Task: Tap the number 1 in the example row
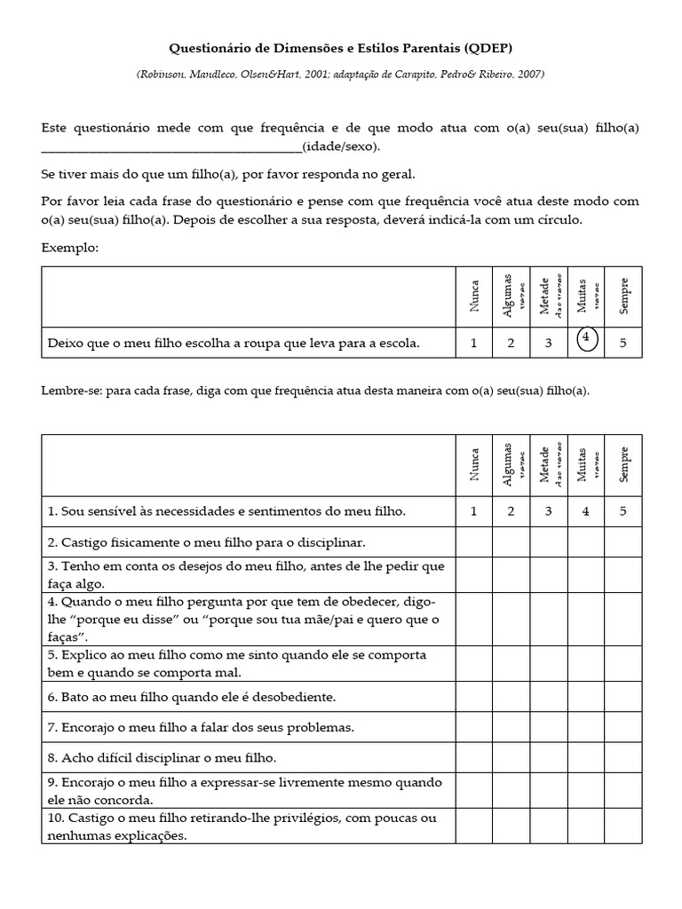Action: pyautogui.click(x=474, y=343)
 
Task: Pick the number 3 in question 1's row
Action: pyautogui.click(x=549, y=510)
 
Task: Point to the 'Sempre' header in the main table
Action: pyautogui.click(x=623, y=464)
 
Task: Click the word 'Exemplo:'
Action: pyautogui.click(x=70, y=248)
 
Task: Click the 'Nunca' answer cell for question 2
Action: pyautogui.click(x=474, y=541)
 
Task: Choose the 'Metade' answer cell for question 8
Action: pyautogui.click(x=549, y=757)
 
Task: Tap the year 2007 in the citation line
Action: pyautogui.click(x=529, y=74)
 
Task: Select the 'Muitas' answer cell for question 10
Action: pyautogui.click(x=586, y=826)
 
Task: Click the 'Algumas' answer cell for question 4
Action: pyautogui.click(x=511, y=618)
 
